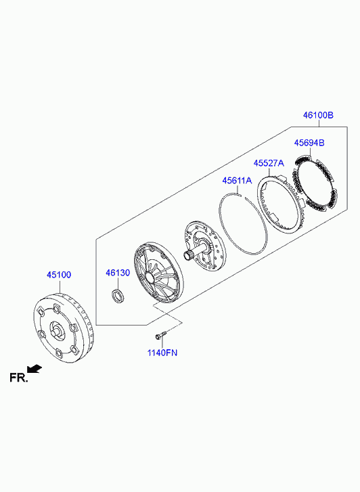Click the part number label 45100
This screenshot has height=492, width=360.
[59, 275]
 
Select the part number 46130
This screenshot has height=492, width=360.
[118, 273]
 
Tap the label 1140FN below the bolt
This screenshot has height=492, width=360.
[162, 353]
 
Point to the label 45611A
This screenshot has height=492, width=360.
[237, 181]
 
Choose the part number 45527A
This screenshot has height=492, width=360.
[269, 163]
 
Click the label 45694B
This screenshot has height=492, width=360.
[309, 143]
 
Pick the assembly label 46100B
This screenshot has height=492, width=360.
[318, 115]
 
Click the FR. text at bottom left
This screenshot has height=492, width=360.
[19, 378]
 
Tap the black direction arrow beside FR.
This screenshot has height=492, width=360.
[35, 369]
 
